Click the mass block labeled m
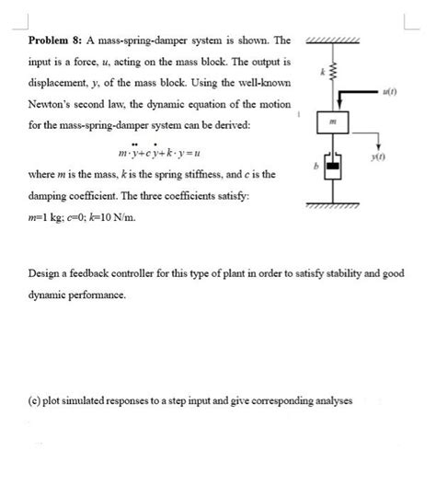(x=335, y=121)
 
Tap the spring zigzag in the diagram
(x=335, y=72)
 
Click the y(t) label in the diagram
(x=379, y=158)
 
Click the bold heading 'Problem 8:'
(x=53, y=42)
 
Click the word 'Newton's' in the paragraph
(x=54, y=103)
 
